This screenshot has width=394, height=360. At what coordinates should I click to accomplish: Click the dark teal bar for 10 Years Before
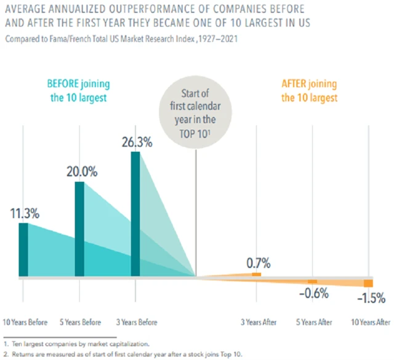[23, 250]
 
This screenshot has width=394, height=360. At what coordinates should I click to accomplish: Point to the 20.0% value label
[82, 172]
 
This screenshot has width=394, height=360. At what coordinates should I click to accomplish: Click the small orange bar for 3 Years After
[256, 274]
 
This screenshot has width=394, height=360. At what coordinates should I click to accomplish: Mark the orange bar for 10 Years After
[368, 283]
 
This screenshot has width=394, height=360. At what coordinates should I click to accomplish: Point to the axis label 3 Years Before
[136, 322]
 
